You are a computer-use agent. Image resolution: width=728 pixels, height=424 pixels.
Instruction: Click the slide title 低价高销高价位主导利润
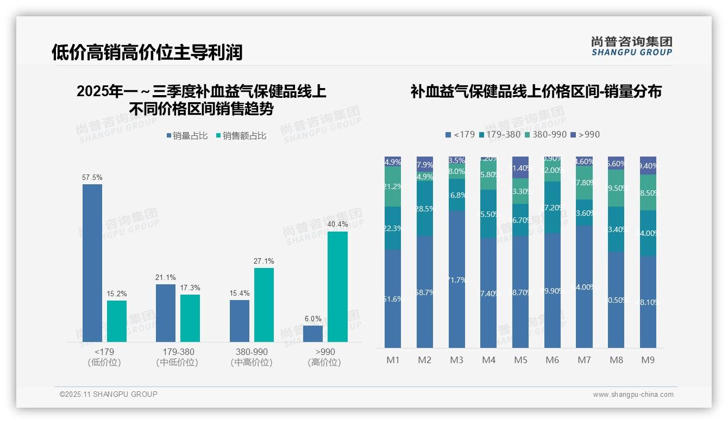147,52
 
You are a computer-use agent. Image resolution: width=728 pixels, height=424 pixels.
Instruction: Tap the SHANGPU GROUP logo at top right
631,46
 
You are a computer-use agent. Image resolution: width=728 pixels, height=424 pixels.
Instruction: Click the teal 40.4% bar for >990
337,286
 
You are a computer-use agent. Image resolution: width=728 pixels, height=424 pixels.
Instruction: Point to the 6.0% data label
313,319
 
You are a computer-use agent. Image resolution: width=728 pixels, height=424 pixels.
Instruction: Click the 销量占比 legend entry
187,136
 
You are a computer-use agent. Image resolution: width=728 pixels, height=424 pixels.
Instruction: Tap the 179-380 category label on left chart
178,352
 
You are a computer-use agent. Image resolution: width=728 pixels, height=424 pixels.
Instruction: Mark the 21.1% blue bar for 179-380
166,313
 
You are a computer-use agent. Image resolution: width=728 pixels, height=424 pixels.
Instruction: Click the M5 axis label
521,360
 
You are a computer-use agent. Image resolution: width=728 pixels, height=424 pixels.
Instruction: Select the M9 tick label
648,360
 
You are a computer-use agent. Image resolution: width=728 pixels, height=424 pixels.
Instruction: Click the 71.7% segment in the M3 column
457,279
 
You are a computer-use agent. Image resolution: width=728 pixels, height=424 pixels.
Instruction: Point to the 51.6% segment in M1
392,298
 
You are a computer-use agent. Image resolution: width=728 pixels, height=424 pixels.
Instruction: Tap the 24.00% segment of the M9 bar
648,233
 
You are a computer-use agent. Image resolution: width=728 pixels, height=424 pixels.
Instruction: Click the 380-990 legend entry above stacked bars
546,134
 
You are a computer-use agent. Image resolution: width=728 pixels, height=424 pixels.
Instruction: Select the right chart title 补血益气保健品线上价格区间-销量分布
536,91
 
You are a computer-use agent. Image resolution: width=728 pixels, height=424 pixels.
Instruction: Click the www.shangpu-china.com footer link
633,395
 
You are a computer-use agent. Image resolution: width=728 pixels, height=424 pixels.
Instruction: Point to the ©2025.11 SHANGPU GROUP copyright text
109,394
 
